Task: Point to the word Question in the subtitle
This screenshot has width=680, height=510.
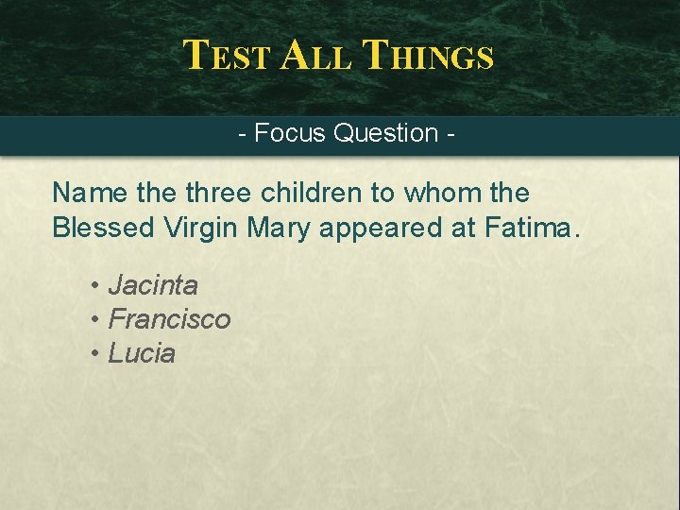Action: coord(385,133)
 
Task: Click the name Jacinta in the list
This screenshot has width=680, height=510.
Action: coord(153,284)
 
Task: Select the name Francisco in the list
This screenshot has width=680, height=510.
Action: coord(169,319)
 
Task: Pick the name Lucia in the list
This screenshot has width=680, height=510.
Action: coord(142,354)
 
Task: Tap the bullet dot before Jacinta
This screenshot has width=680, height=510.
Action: coord(96,285)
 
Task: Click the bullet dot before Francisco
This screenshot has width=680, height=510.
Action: coord(96,320)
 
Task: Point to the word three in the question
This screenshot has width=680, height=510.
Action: coord(217,193)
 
